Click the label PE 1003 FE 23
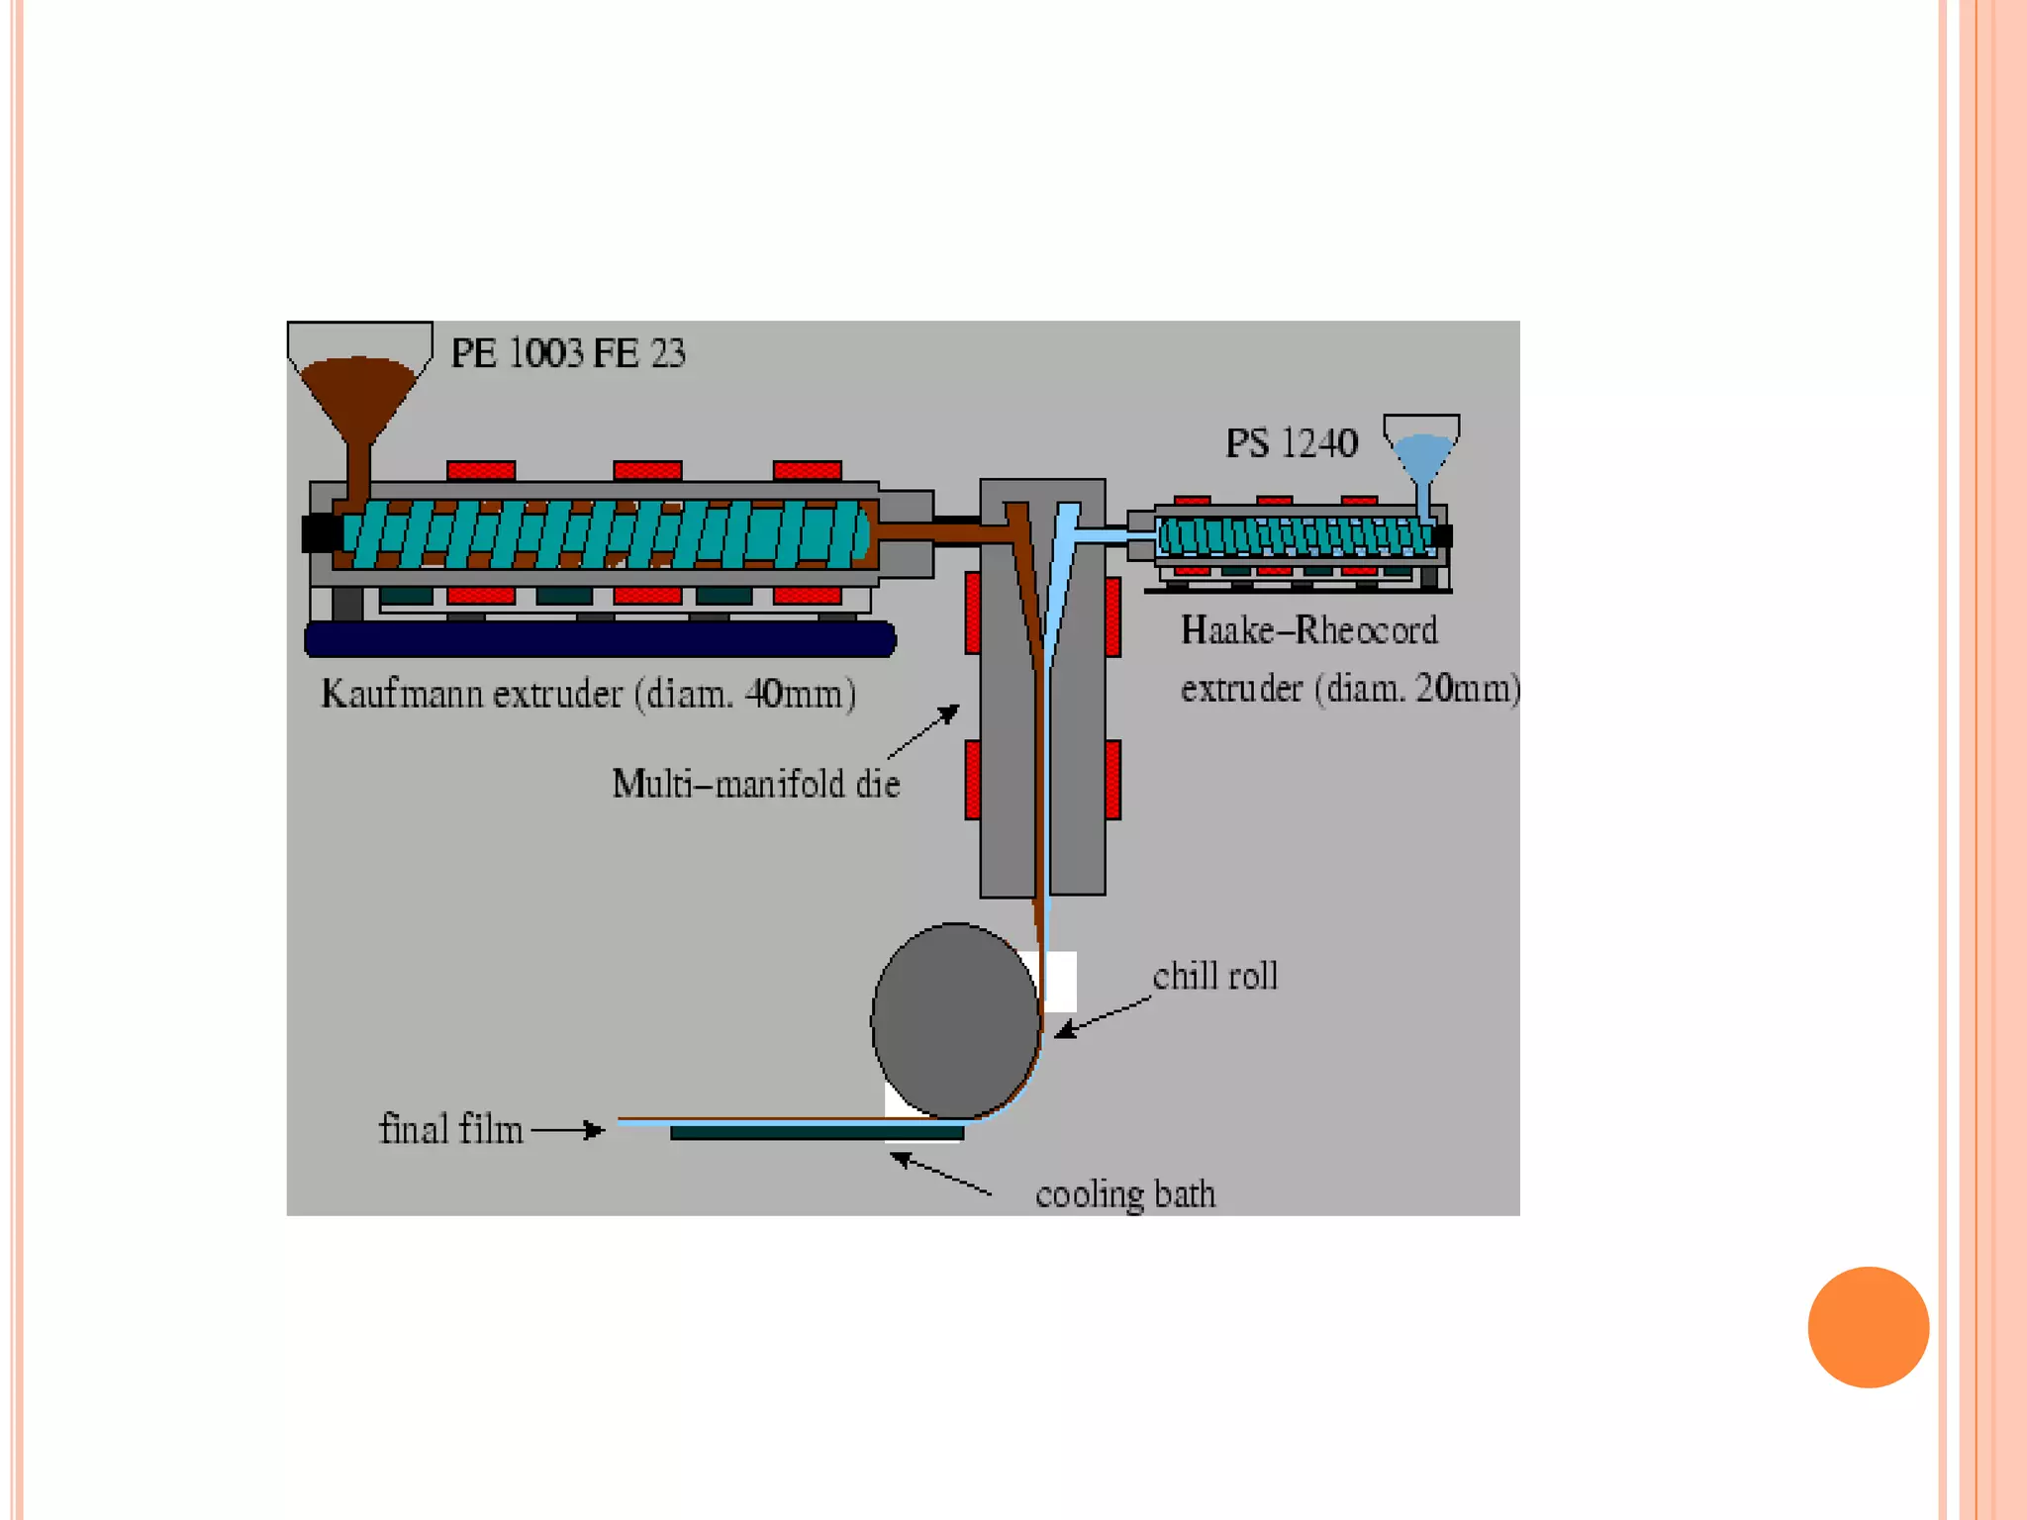click(x=567, y=353)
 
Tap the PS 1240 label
click(x=1291, y=443)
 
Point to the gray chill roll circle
click(x=955, y=1020)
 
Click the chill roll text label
click(x=1215, y=977)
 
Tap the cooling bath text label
click(x=1125, y=1194)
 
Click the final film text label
click(x=450, y=1129)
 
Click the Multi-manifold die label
click(x=756, y=784)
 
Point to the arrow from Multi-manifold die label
click(x=924, y=731)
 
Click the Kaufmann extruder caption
click(x=588, y=694)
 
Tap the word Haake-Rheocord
click(x=1308, y=630)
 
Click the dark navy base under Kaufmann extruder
click(x=600, y=639)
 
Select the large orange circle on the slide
click(x=1868, y=1327)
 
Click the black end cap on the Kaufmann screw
click(x=320, y=533)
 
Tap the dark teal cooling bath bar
click(x=817, y=1133)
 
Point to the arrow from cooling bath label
click(x=940, y=1175)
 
